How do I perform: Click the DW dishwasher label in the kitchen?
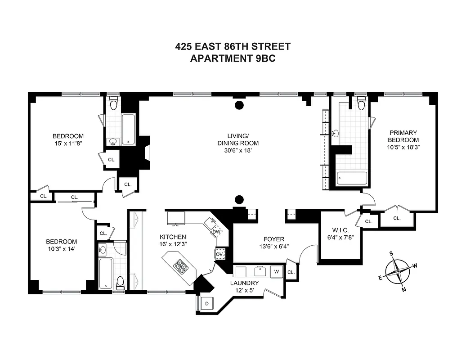pos(216,232)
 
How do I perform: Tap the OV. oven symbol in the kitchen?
pos(220,254)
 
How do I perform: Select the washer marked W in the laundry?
pos(277,271)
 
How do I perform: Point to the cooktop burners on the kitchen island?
pos(182,266)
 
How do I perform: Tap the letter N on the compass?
pos(404,289)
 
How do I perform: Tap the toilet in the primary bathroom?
pos(361,104)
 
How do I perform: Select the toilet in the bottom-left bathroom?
pos(120,283)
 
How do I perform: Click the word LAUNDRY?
pos(244,283)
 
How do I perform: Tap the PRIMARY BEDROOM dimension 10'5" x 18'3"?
pos(404,147)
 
